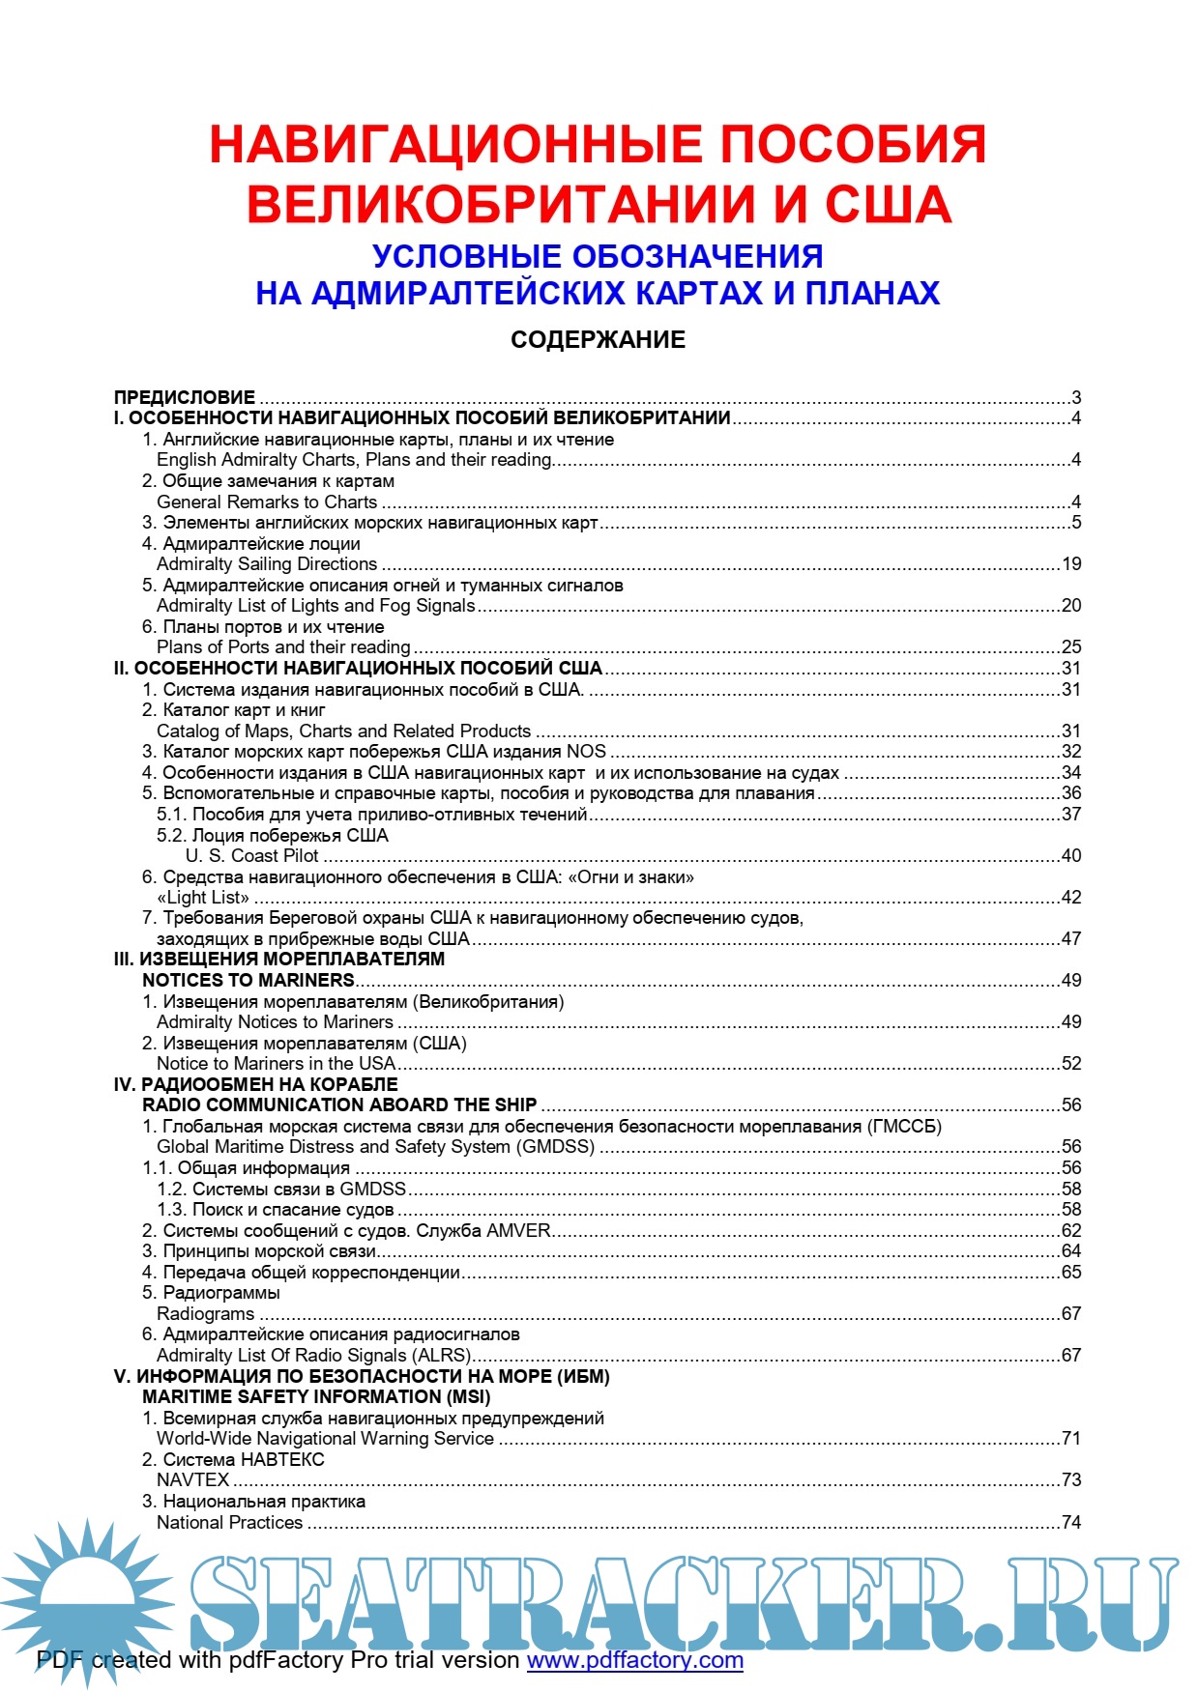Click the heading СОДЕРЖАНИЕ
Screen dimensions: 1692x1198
click(x=598, y=340)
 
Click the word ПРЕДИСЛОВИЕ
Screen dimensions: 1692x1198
click(x=185, y=397)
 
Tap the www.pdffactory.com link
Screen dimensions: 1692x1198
click(x=634, y=1660)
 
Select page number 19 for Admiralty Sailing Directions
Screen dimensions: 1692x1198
click(x=1071, y=564)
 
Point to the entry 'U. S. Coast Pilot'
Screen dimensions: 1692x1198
click(x=251, y=856)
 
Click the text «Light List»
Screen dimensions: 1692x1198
click(x=203, y=898)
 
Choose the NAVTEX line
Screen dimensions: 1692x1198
click(x=193, y=1480)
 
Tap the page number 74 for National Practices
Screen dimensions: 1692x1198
click(x=1071, y=1523)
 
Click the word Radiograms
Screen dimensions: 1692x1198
click(x=206, y=1314)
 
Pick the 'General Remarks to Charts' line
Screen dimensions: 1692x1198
click(x=267, y=502)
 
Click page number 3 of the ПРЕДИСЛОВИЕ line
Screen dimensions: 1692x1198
click(x=1076, y=398)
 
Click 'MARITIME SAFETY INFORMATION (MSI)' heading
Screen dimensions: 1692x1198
click(x=316, y=1397)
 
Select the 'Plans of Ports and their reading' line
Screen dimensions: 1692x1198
click(x=283, y=647)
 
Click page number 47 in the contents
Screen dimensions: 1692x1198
click(x=1071, y=939)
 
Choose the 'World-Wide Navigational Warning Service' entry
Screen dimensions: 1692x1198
click(x=325, y=1439)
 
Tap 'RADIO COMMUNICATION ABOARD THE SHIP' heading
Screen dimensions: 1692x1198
click(x=339, y=1105)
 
